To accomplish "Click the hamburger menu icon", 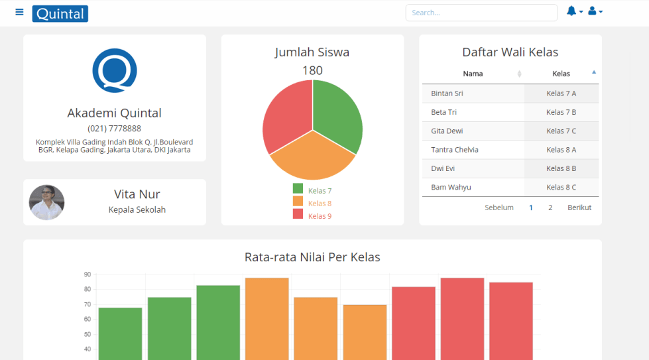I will pyautogui.click(x=19, y=13).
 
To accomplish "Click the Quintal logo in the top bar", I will pyautogui.click(x=60, y=13).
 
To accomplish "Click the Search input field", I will pyautogui.click(x=481, y=13).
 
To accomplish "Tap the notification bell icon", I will pyautogui.click(x=571, y=11).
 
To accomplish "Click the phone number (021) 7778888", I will pyautogui.click(x=115, y=129).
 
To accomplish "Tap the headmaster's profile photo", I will pyautogui.click(x=47, y=202).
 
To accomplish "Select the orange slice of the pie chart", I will pyautogui.click(x=312, y=159).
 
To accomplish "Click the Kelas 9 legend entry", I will pyautogui.click(x=312, y=216).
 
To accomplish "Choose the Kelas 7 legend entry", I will pyautogui.click(x=312, y=191).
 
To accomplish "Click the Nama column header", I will pyautogui.click(x=473, y=74).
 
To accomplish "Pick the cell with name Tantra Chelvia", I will pyautogui.click(x=455, y=150).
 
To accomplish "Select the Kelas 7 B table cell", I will pyautogui.click(x=561, y=112).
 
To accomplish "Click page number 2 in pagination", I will pyautogui.click(x=550, y=208).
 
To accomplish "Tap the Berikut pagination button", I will pyautogui.click(x=579, y=208).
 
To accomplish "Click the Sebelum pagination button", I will pyautogui.click(x=499, y=208).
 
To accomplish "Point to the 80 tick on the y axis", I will pyautogui.click(x=88, y=289).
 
